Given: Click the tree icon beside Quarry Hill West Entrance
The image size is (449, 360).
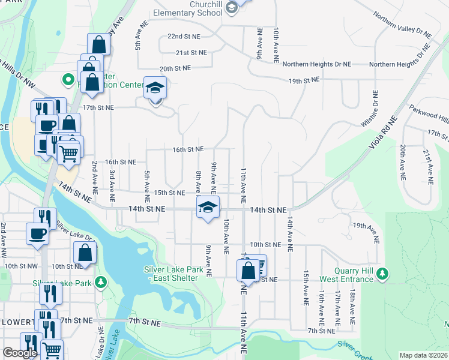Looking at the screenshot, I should (x=382, y=274).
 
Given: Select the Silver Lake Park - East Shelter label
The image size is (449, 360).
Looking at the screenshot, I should (x=170, y=274).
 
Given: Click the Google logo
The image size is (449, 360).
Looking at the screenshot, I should (x=20, y=353).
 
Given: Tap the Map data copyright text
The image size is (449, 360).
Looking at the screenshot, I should (x=423, y=355).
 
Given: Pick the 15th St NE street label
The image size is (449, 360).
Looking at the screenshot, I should (x=169, y=193).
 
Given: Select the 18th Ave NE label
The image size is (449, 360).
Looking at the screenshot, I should (x=352, y=308).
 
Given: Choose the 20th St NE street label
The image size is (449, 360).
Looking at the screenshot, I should (x=175, y=68).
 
